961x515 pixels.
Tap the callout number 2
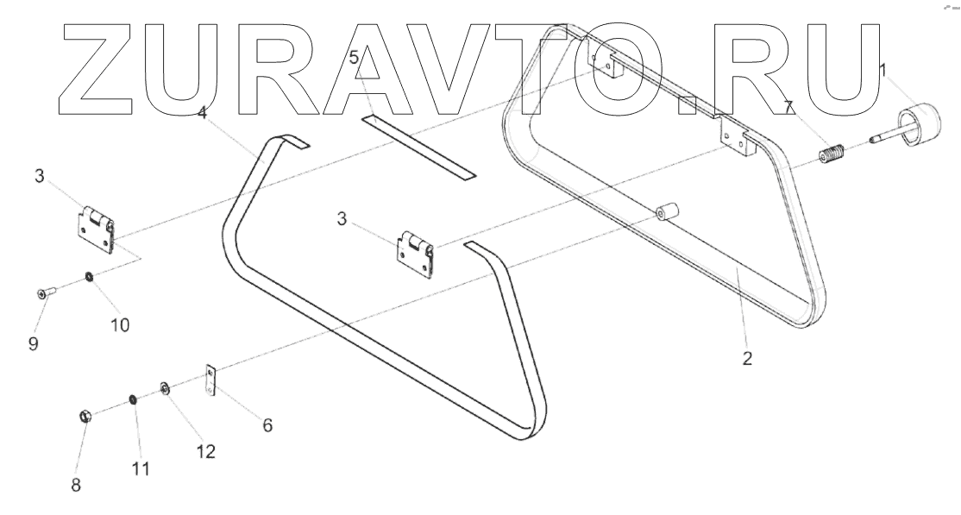[x=747, y=358]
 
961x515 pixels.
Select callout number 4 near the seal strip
[x=201, y=113]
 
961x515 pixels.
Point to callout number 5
[x=354, y=58]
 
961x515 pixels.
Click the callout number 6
[x=267, y=424]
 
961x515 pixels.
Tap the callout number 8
[x=76, y=485]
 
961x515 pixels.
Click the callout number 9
[x=33, y=342]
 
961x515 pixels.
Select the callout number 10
[x=119, y=324]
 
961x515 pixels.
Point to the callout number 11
[x=141, y=468]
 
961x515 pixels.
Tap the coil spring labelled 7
[x=830, y=160]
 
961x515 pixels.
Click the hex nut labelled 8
[x=85, y=417]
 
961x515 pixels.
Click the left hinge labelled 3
[x=93, y=229]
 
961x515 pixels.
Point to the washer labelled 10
[x=89, y=278]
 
